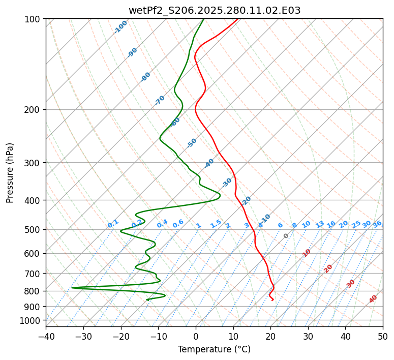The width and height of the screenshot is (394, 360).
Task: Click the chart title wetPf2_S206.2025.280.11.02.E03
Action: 214,10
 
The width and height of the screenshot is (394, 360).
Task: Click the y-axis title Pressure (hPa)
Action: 10,173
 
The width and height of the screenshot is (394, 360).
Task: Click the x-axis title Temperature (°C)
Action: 214,349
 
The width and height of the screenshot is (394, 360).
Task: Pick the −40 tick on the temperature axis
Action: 46,336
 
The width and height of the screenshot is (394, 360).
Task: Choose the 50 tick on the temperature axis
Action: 383,336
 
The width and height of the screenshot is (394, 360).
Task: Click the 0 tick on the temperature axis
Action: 196,336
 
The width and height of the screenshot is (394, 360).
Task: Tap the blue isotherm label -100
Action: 120,27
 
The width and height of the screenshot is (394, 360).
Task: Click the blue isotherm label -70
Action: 160,100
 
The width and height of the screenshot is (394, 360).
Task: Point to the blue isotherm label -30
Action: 227,182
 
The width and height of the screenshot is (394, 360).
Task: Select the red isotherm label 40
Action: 373,299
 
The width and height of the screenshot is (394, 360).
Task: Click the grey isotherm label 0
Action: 286,236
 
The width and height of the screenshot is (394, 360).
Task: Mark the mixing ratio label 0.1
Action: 113,224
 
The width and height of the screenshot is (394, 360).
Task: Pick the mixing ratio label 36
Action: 377,224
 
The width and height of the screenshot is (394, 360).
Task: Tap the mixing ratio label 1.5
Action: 216,224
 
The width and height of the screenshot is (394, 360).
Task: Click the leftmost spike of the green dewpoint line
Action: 72,288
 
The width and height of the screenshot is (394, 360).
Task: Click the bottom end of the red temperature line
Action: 273,300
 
